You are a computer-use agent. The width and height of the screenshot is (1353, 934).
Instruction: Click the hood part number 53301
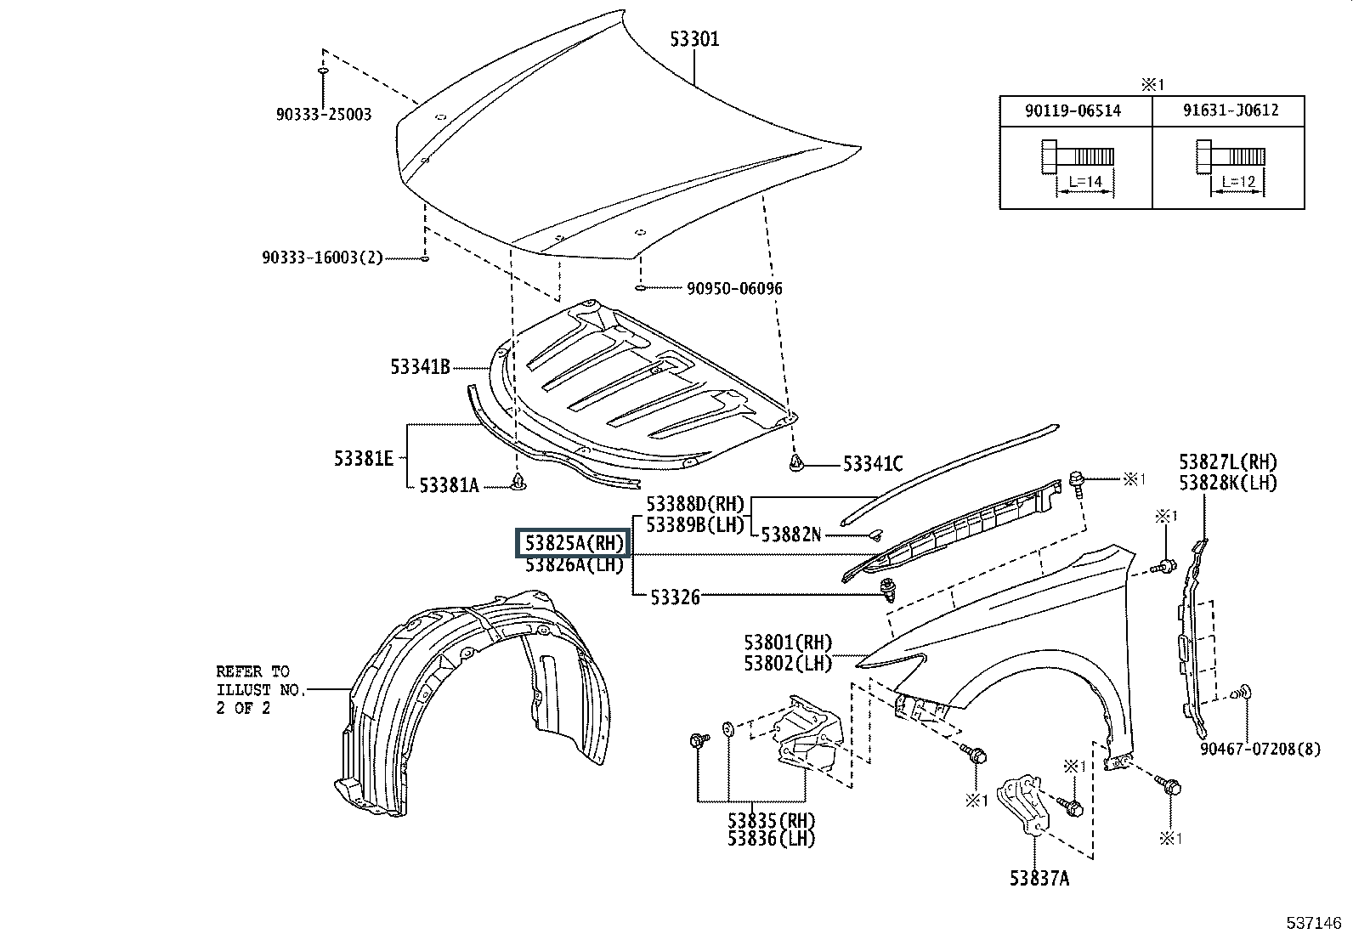694,39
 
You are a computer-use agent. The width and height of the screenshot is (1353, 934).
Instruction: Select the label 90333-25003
324,114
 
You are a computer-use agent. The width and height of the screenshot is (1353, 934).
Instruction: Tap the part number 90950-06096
734,288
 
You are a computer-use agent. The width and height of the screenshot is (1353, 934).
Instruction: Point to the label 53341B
421,366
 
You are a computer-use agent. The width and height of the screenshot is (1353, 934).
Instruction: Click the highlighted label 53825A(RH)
573,543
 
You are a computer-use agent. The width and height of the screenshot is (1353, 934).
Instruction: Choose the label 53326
675,597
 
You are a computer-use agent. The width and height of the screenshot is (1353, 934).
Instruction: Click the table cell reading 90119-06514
1073,110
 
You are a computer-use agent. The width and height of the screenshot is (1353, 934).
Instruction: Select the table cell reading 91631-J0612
1231,110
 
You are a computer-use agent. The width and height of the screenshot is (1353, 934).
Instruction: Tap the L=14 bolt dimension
1085,181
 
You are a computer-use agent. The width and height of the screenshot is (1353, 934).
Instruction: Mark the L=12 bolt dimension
1238,181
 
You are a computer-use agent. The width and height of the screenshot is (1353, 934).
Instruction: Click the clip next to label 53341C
796,463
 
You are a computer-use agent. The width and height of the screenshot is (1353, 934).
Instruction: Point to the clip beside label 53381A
518,482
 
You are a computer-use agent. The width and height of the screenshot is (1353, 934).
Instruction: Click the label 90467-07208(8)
1260,749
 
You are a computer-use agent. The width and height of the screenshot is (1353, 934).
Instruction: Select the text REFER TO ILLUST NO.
261,680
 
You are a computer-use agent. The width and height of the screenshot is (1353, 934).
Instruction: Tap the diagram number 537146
1313,922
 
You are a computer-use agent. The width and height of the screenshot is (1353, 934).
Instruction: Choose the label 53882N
790,535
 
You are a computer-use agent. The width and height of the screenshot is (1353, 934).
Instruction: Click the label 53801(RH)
788,642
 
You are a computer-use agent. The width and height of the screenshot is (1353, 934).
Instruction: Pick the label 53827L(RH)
1228,462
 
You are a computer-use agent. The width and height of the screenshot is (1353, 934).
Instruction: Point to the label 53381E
364,459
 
